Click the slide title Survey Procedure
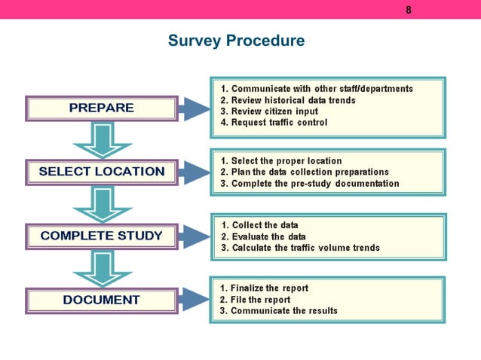[236, 41]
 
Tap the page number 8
[409, 10]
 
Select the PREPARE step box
[102, 108]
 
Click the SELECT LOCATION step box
[102, 172]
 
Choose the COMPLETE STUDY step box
[102, 236]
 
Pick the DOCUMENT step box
[102, 300]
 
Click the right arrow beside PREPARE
[195, 108]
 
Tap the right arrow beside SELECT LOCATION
[195, 172]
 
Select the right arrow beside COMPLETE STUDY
[195, 236]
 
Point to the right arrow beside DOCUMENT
[195, 301]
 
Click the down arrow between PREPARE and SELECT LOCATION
[101, 140]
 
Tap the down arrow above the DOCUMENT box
[101, 268]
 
